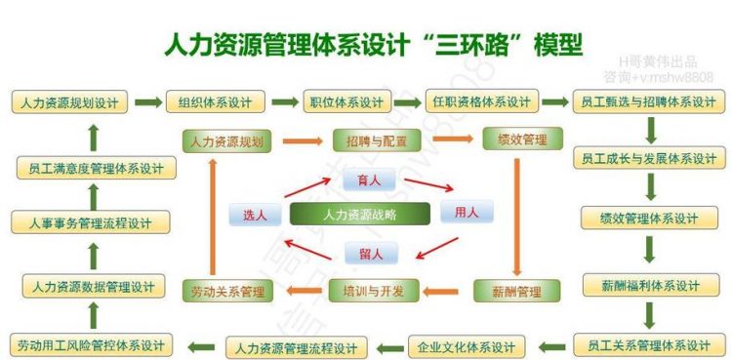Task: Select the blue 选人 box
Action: tap(254, 215)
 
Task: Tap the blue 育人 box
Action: tap(369, 179)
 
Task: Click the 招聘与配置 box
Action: tap(370, 140)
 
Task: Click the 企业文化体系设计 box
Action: tap(466, 346)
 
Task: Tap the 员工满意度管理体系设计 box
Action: tap(96, 169)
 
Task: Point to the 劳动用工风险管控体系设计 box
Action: tap(93, 345)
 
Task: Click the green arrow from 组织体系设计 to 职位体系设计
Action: tap(284, 101)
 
